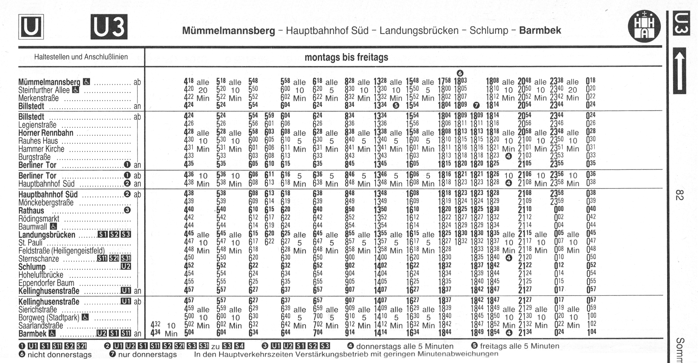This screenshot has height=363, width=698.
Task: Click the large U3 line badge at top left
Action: pos(109,27)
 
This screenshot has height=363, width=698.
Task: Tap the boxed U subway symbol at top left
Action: pos(31,27)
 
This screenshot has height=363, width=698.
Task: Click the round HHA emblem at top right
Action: pos(644,26)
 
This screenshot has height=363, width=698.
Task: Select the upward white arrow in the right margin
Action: pos(679,71)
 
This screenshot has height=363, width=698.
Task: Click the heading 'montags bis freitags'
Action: pos(346,57)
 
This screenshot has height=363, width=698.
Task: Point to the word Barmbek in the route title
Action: pos(540,30)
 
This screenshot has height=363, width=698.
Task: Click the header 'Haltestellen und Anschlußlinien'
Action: pos(81,57)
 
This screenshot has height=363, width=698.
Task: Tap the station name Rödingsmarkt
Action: pos(39,218)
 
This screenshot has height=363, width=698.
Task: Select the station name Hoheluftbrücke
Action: pos(41,275)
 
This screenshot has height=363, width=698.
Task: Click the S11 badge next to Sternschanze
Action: pos(102,259)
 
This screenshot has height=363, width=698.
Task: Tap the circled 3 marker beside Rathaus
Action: pos(127,210)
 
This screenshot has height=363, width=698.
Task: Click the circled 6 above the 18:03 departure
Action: pos(460,73)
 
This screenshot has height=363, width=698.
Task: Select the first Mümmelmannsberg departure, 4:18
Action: pos(189,81)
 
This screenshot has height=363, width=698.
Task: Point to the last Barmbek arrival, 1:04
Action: pos(591,332)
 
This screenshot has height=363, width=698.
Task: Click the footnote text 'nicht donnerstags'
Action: pos(60,355)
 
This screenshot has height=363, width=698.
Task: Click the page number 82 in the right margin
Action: pos(679,195)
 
